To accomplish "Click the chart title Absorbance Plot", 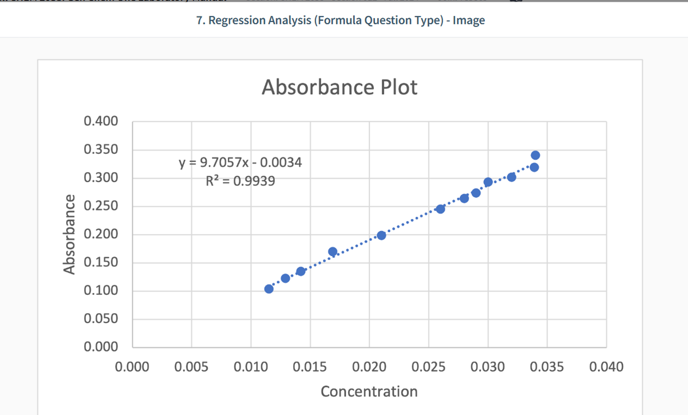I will (339, 87).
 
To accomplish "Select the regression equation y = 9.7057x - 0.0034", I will (240, 162).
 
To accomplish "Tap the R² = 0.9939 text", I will (240, 181).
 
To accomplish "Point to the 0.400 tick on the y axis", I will (101, 121).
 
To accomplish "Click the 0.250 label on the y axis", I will (101, 206).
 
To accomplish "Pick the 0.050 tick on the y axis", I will (101, 318).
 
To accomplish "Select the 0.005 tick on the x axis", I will (191, 367).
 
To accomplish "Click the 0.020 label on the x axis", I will (369, 367).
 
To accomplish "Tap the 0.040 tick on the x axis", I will (606, 367).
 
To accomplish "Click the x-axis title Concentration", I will (369, 391).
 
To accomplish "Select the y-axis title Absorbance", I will (69, 234).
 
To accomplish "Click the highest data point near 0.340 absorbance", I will (536, 155).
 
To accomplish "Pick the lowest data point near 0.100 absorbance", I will (269, 289).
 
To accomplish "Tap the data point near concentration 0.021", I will (381, 236).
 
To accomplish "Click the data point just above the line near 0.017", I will (333, 252).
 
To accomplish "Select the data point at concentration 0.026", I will (441, 209).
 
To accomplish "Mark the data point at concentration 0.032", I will (512, 177).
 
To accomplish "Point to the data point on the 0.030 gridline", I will (488, 182).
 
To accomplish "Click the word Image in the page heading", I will (469, 20).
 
